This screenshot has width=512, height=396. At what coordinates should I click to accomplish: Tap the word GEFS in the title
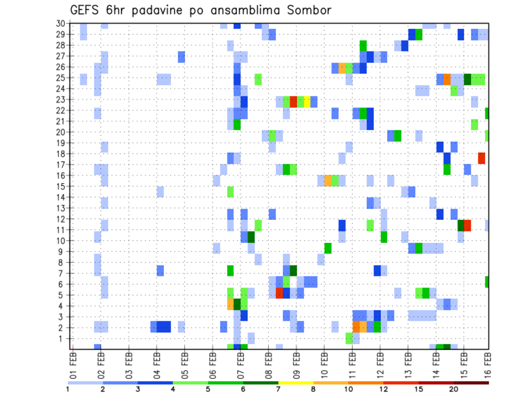click(x=87, y=10)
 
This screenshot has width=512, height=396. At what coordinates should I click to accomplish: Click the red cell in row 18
click(x=482, y=158)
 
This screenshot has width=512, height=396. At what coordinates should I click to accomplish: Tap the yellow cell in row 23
click(x=307, y=101)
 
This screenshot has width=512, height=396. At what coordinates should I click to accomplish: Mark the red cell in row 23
click(x=293, y=101)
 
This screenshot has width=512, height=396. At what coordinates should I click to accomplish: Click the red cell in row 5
click(x=279, y=293)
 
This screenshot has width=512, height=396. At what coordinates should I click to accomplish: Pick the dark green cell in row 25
click(x=468, y=79)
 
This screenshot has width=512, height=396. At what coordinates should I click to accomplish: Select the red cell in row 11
click(x=468, y=225)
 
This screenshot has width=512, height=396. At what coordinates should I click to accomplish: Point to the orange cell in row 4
click(x=230, y=304)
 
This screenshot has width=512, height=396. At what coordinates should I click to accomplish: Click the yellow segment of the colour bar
click(x=295, y=383)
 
